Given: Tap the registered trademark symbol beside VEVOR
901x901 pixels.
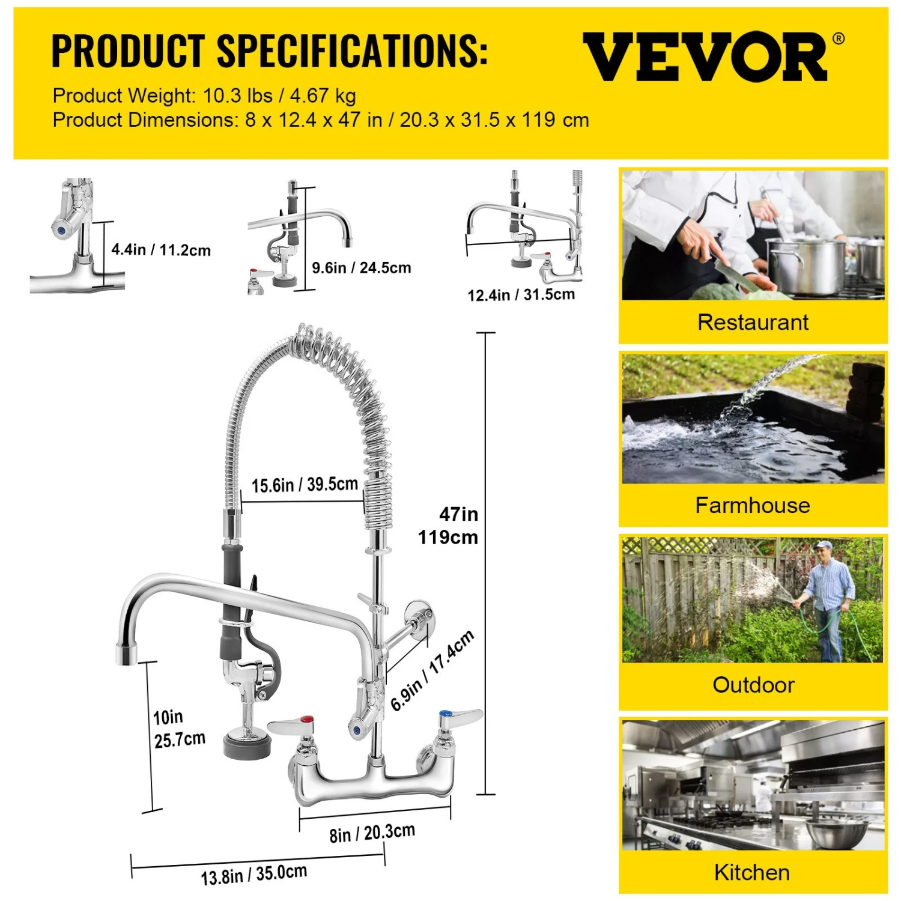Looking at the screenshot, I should [x=839, y=39].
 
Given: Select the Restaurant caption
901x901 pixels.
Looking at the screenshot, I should [x=753, y=323].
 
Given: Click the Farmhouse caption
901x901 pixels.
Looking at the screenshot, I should [x=753, y=505].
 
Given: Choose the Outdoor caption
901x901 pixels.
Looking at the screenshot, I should [x=753, y=685].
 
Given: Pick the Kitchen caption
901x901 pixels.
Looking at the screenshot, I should [x=752, y=872].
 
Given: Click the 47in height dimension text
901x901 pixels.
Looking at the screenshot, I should [x=458, y=514].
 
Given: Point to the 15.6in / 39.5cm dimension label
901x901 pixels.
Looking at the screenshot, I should [x=305, y=484].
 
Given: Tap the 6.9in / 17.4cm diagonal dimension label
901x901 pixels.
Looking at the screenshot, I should [x=432, y=670].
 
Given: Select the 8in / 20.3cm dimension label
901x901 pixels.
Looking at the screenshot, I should [x=372, y=833].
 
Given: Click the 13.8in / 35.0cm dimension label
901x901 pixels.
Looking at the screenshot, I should [x=253, y=875].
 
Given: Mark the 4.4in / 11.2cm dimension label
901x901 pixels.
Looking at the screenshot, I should [x=161, y=250].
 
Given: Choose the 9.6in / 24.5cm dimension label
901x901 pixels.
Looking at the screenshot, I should [x=362, y=267].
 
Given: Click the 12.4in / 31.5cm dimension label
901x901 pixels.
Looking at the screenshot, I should [x=521, y=295].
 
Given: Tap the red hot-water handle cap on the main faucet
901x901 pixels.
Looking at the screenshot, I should [x=306, y=720].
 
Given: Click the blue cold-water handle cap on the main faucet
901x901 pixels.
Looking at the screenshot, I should [x=446, y=714].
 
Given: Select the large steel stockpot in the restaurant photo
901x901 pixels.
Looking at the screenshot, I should [x=804, y=265].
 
